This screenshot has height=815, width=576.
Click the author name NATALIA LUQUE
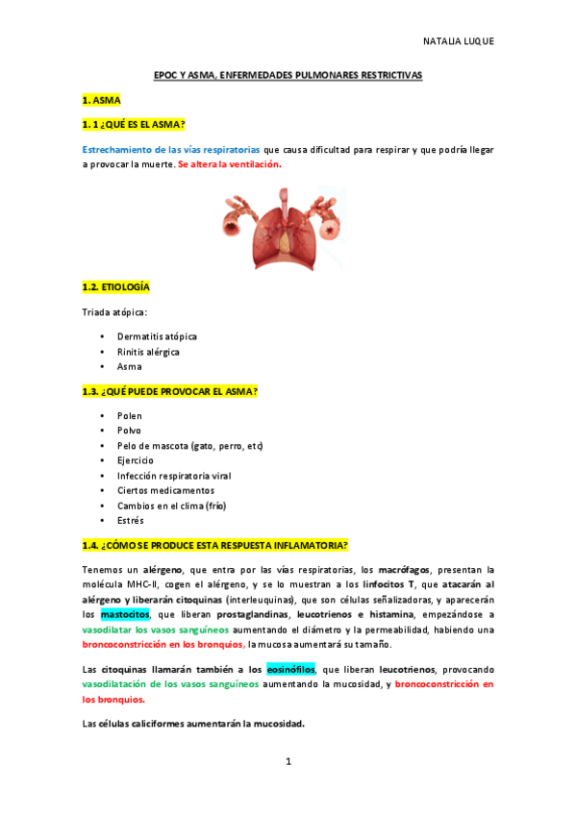point(458,41)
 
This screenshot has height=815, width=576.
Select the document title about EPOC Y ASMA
point(288,74)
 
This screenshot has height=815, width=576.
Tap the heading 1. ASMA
point(102,99)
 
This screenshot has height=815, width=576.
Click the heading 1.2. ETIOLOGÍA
point(115,286)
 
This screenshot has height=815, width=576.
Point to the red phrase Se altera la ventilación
point(230,164)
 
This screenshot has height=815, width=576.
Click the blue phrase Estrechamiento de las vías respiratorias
point(171,150)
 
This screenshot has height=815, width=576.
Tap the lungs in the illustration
point(288,229)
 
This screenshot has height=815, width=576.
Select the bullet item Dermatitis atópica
point(157,336)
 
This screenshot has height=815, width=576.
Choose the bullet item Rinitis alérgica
point(148,352)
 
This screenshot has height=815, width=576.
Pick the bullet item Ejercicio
point(135,460)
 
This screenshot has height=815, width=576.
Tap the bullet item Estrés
point(130,520)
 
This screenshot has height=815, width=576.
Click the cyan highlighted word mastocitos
point(125,613)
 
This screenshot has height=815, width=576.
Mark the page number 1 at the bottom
point(288,761)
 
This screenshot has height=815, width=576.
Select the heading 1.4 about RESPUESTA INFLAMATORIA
point(215,545)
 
